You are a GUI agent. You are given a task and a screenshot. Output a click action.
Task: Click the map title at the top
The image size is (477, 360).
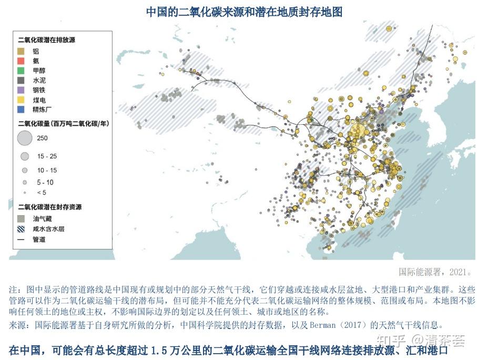click(243, 12)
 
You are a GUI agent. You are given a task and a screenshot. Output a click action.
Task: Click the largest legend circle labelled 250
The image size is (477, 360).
click(24, 138)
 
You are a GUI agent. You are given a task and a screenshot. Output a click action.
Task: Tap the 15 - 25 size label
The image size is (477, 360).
click(47, 157)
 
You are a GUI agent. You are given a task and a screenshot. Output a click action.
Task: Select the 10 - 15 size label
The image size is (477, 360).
click(47, 170)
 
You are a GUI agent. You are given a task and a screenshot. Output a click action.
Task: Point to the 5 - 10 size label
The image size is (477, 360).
click(45, 182)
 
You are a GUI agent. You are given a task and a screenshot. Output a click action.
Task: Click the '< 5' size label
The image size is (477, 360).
click(42, 192)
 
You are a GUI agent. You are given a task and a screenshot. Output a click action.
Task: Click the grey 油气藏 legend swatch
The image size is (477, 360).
click(21, 218)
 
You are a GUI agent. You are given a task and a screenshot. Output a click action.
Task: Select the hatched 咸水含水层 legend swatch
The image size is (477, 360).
click(21, 229)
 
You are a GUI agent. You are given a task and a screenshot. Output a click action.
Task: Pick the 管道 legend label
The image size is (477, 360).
click(39, 239)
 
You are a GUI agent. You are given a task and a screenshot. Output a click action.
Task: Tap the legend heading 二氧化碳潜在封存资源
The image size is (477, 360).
click(49, 207)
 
